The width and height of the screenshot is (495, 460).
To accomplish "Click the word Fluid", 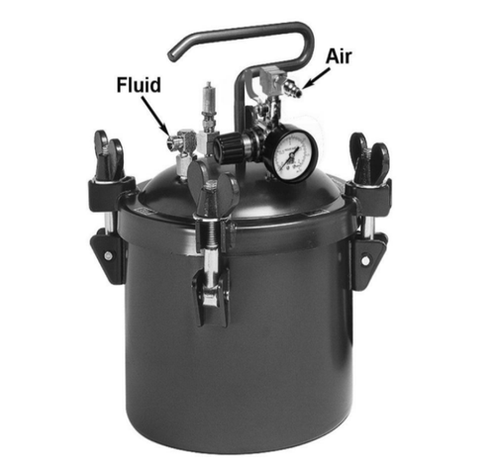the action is point(139,84).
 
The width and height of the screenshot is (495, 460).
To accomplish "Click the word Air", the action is point(339,56).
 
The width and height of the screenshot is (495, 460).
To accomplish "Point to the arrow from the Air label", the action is point(316,78).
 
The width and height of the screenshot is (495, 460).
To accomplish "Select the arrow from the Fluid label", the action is point(155,115).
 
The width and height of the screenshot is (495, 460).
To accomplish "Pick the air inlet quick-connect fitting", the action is point(292,87).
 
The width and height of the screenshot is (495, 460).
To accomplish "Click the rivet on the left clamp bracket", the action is point(108,255).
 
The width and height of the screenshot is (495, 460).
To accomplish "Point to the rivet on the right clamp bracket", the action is point(365,260).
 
